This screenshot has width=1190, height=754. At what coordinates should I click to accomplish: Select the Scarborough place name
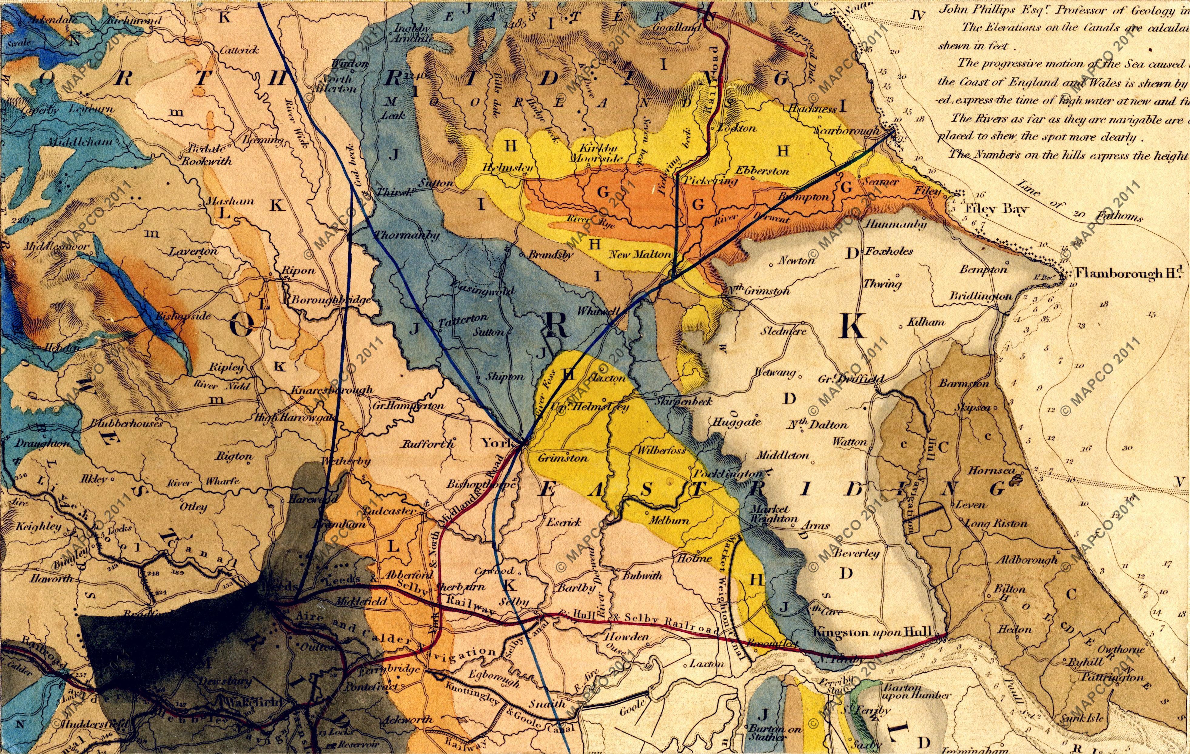(x=847, y=131)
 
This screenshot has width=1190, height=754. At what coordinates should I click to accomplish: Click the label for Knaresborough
(x=332, y=390)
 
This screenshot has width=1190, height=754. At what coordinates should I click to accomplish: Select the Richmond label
(x=133, y=21)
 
